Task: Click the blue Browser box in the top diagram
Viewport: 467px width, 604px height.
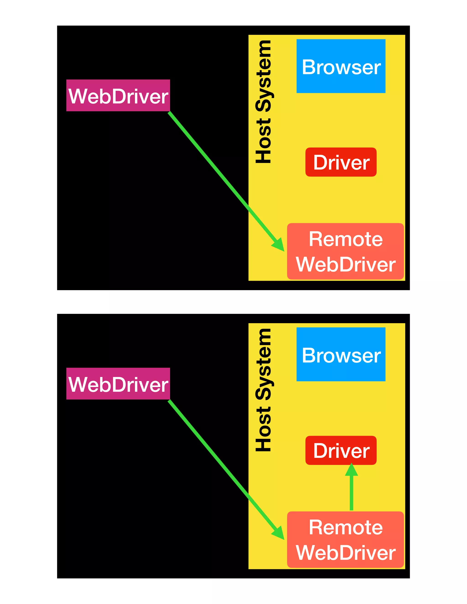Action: pyautogui.click(x=341, y=66)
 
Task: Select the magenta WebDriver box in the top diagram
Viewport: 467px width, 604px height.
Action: pyautogui.click(x=118, y=96)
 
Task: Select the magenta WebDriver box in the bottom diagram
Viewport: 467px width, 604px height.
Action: pyautogui.click(x=118, y=384)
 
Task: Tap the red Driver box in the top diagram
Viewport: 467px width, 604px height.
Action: pyautogui.click(x=341, y=162)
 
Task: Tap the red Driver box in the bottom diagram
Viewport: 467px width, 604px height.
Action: pyautogui.click(x=341, y=450)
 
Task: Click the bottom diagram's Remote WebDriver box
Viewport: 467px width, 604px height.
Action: pyautogui.click(x=345, y=539)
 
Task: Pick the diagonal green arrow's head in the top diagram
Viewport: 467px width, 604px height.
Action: pyautogui.click(x=279, y=245)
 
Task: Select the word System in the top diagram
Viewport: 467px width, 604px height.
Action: pyautogui.click(x=263, y=76)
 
